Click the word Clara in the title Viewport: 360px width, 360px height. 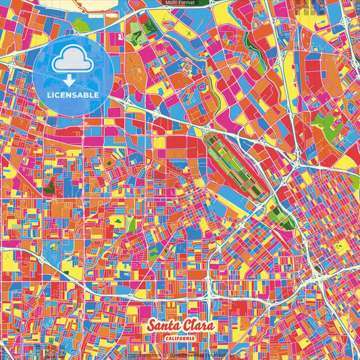pyautogui.click(x=196, y=327)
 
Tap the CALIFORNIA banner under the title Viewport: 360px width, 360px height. pyautogui.click(x=179, y=337)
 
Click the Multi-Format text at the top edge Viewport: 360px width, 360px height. pyautogui.click(x=180, y=3)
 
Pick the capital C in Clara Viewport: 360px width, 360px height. pyautogui.click(x=184, y=327)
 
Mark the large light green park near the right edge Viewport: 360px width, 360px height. pyautogui.click(x=327, y=124)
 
